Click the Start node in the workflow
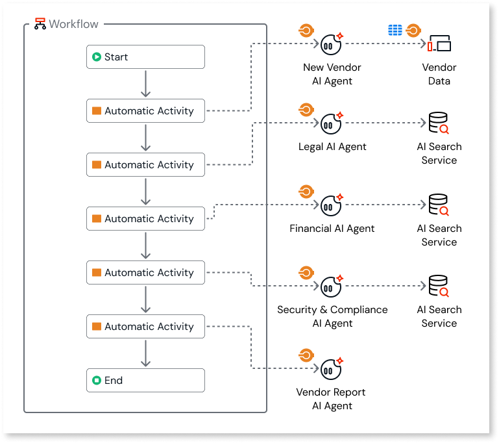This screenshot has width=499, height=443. pos(145,57)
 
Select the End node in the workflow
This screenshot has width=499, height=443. pos(145,381)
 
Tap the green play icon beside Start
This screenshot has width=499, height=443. pos(97,57)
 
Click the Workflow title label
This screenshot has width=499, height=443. pos(74,24)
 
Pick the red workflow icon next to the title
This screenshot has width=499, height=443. pos(40,25)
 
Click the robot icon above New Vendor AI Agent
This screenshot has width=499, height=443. pos(331,44)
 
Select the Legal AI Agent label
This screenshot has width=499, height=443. pos(332,147)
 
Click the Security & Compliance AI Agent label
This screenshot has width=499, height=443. pos(332,316)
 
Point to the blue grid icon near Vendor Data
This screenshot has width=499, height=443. pos(395,31)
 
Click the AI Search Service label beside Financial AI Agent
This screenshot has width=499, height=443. pos(439,235)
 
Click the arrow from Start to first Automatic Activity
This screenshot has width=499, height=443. pos(145,84)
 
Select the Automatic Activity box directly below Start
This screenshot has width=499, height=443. pos(145,111)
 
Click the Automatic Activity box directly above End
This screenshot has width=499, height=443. pos(145,327)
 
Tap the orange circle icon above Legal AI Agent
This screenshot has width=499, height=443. pos(306,110)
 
